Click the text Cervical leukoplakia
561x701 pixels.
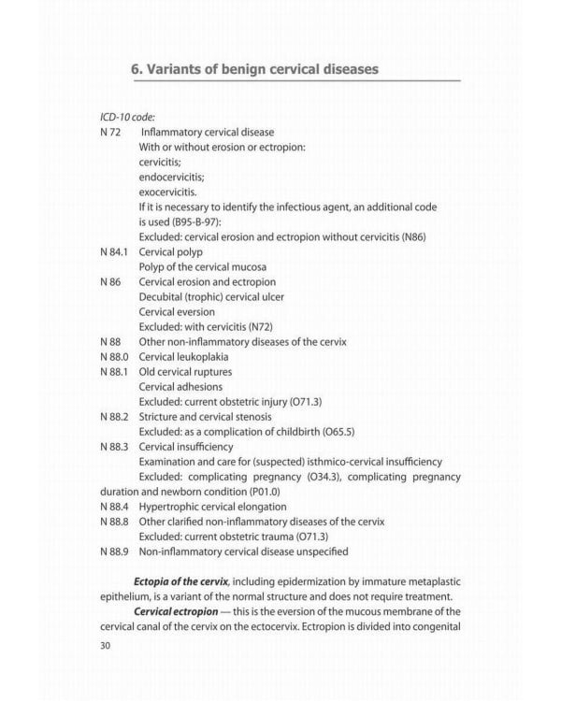point(183,356)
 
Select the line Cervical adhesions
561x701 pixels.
point(180,386)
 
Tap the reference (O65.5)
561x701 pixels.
point(338,431)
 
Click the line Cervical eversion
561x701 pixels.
point(177,311)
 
